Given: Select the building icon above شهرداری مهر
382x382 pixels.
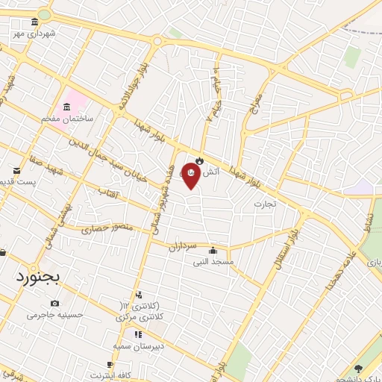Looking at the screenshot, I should click(35, 23).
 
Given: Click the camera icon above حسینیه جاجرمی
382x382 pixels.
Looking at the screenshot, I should click(54, 303).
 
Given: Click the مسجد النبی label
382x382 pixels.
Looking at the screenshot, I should click(214, 261).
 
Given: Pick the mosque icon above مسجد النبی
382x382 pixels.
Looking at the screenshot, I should click(215, 250).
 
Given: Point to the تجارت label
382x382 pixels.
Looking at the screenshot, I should click(264, 203).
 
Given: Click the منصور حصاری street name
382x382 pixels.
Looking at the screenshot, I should click(105, 228).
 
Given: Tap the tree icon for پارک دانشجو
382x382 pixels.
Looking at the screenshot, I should click(358, 368).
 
